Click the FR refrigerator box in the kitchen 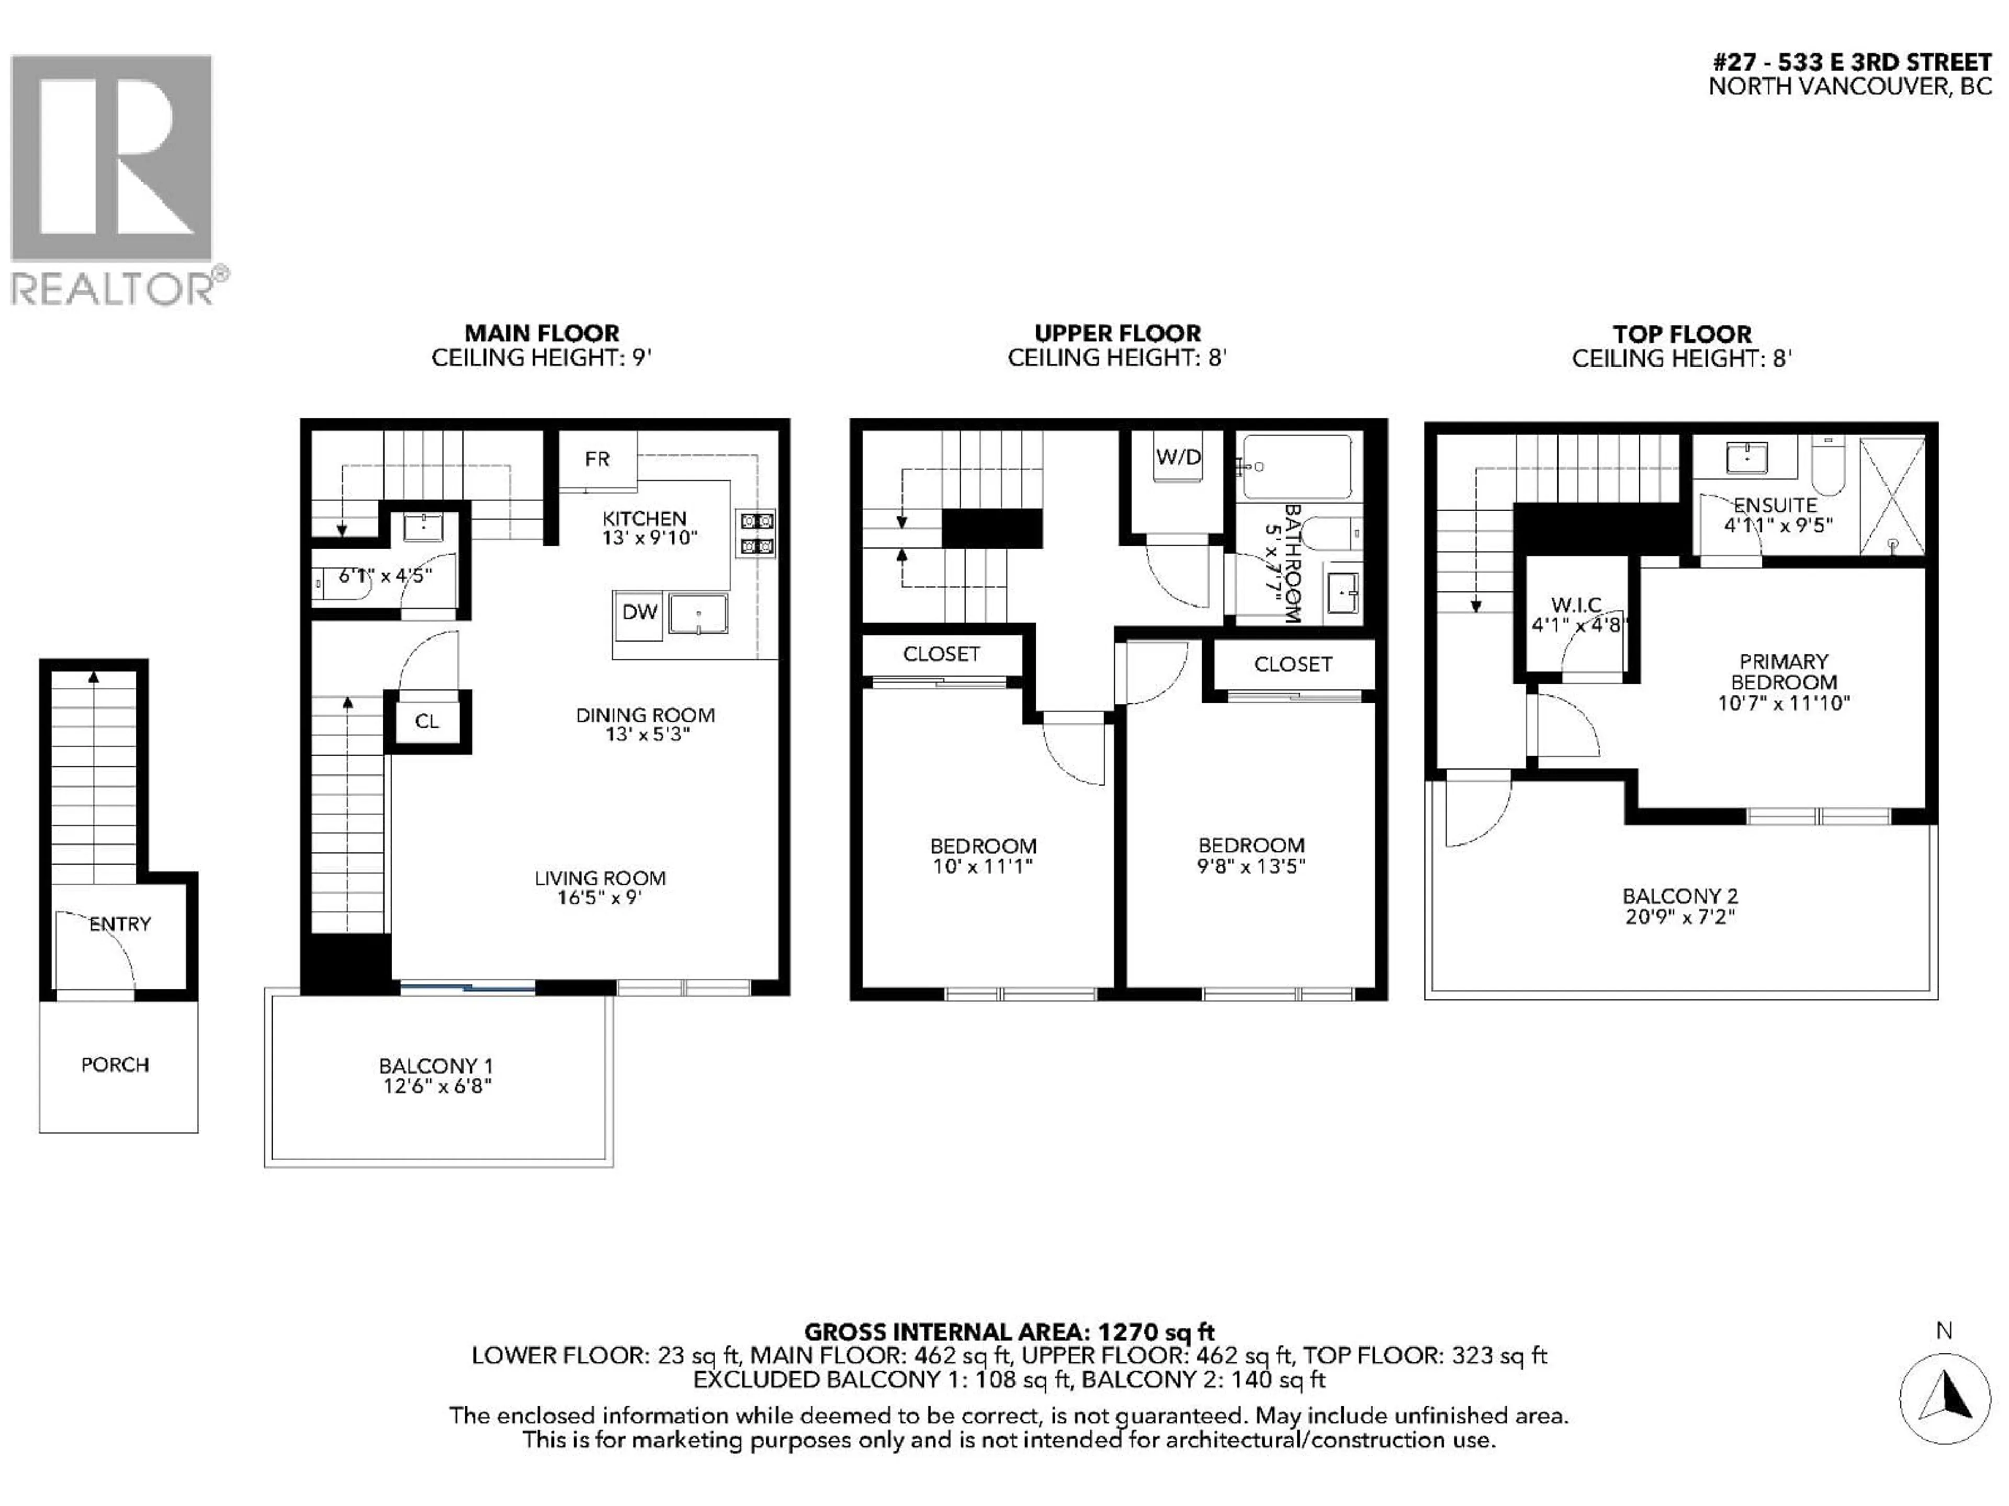pyautogui.click(x=597, y=459)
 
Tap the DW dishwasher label pyautogui.click(x=638, y=613)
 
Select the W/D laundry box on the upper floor pyautogui.click(x=1178, y=458)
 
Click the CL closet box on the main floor pyautogui.click(x=427, y=722)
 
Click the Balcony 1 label pyautogui.click(x=436, y=1066)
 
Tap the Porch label pyautogui.click(x=115, y=1065)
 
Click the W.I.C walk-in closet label pyautogui.click(x=1576, y=604)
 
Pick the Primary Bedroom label pyautogui.click(x=1783, y=672)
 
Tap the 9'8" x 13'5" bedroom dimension pyautogui.click(x=1250, y=866)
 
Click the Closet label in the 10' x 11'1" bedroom pyautogui.click(x=941, y=655)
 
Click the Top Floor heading pyautogui.click(x=1681, y=334)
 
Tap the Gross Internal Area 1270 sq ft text pyautogui.click(x=1009, y=1332)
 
